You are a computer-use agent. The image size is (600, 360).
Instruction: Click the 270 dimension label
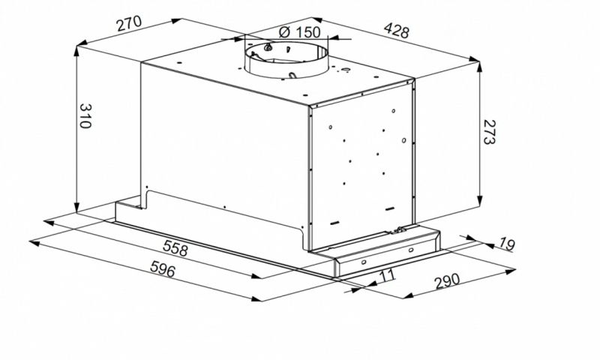pyautogui.click(x=130, y=24)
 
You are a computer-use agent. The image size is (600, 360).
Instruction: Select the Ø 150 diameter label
pyautogui.click(x=298, y=32)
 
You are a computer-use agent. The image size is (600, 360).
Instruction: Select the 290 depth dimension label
pyautogui.click(x=445, y=283)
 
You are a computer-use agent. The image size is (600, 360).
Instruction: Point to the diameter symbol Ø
pyautogui.click(x=283, y=32)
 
